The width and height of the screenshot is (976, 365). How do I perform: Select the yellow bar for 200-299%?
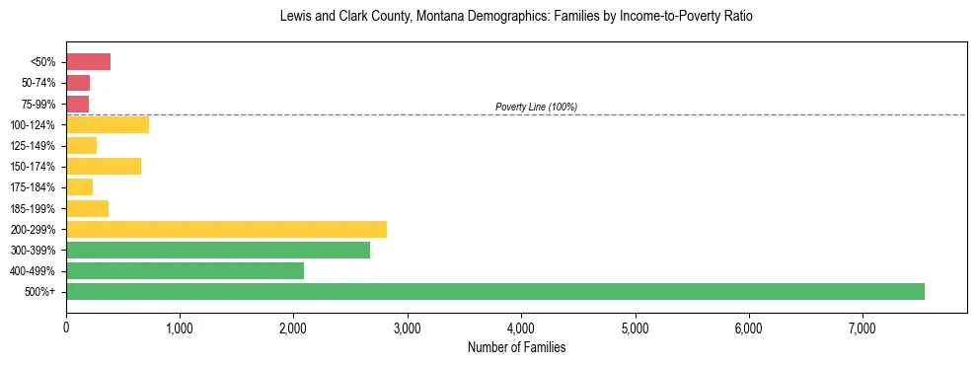226,229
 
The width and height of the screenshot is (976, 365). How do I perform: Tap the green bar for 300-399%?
218,250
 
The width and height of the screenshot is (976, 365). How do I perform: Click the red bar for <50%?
88,62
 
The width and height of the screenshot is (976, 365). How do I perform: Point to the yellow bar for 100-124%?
108,124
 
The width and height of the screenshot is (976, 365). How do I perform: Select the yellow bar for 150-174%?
104,166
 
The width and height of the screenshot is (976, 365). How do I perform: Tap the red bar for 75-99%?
77,104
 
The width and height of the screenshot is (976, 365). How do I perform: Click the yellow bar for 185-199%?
87,208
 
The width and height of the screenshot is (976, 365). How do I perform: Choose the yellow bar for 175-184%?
79,186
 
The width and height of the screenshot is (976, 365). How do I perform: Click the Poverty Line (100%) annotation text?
536,107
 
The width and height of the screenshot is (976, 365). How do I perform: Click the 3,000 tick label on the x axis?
408,328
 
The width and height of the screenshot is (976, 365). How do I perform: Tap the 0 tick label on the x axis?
66,328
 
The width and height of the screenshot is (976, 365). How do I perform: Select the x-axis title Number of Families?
516,347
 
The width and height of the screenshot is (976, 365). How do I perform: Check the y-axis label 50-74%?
38,83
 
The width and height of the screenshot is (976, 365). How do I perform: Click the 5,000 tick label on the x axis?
635,328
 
